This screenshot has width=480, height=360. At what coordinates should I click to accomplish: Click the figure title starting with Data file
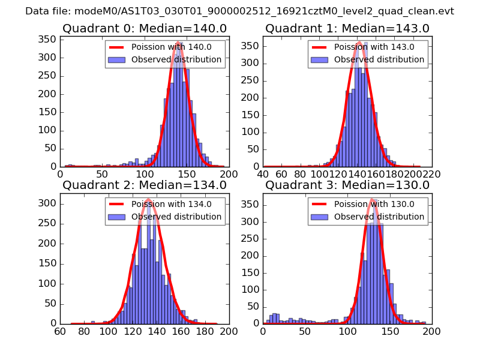point(239,11)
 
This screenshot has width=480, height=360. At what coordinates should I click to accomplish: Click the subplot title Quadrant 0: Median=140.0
point(144,28)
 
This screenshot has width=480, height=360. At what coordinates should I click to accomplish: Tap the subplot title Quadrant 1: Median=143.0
point(347,28)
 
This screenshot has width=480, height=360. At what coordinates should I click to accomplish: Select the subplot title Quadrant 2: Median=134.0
point(144,185)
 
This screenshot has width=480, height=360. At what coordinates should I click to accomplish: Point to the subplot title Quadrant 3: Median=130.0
point(347,185)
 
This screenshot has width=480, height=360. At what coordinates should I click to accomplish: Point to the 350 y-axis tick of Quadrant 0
point(49,40)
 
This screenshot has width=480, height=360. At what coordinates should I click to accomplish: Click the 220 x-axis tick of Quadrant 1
point(432,174)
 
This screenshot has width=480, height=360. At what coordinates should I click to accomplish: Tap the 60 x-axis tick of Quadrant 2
point(60,331)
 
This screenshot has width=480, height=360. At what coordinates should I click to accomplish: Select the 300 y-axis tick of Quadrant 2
point(49,203)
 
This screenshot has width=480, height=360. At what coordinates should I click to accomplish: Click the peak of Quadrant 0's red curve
point(178,42)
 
